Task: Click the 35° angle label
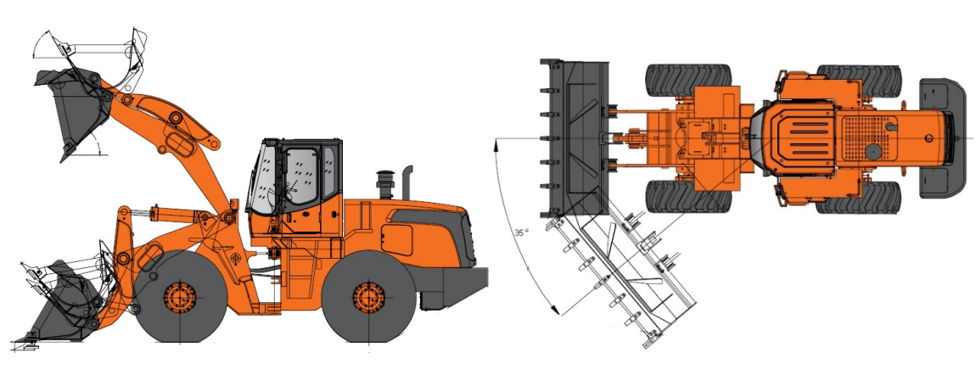[x=522, y=232]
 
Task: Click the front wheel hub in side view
[x=179, y=297]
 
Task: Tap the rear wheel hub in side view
[x=368, y=297]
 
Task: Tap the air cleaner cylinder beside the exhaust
[x=384, y=184]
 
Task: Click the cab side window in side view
[x=301, y=176]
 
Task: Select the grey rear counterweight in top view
[x=942, y=138]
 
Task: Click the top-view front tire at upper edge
[x=688, y=80]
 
